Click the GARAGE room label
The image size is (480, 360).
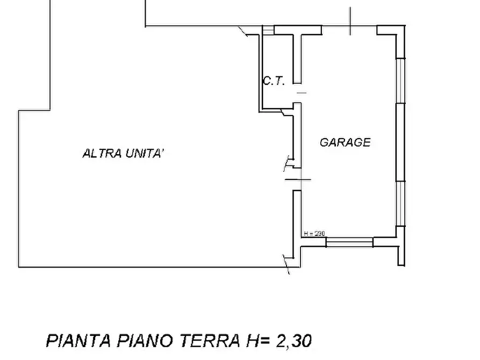(345, 142)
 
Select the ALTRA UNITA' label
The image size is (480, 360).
(123, 154)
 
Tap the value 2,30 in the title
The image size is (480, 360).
(293, 341)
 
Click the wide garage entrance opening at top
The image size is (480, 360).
(349, 27)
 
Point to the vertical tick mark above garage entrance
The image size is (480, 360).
(350, 21)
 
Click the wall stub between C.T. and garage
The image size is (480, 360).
(296, 56)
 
